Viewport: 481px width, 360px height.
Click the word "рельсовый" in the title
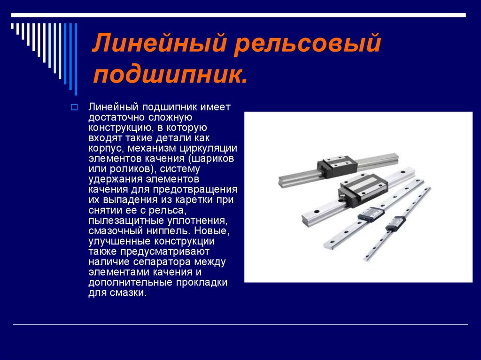[x=307, y=42]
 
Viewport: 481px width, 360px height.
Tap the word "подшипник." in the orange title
[x=170, y=75]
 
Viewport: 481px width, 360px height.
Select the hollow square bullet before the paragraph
[x=74, y=107]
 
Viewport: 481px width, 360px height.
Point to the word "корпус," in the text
[x=106, y=149]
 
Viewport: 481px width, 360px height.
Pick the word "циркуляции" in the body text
[x=208, y=149]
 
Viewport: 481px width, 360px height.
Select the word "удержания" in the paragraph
[x=116, y=179]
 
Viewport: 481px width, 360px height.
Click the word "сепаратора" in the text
[x=162, y=262]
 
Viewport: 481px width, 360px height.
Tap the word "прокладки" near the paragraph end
[x=202, y=283]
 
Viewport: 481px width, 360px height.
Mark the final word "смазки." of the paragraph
[x=128, y=293]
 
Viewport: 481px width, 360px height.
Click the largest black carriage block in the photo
[x=363, y=189]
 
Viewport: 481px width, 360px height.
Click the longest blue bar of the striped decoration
[x=76, y=59]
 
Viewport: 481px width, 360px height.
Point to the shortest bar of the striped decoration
[x=12, y=26]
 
